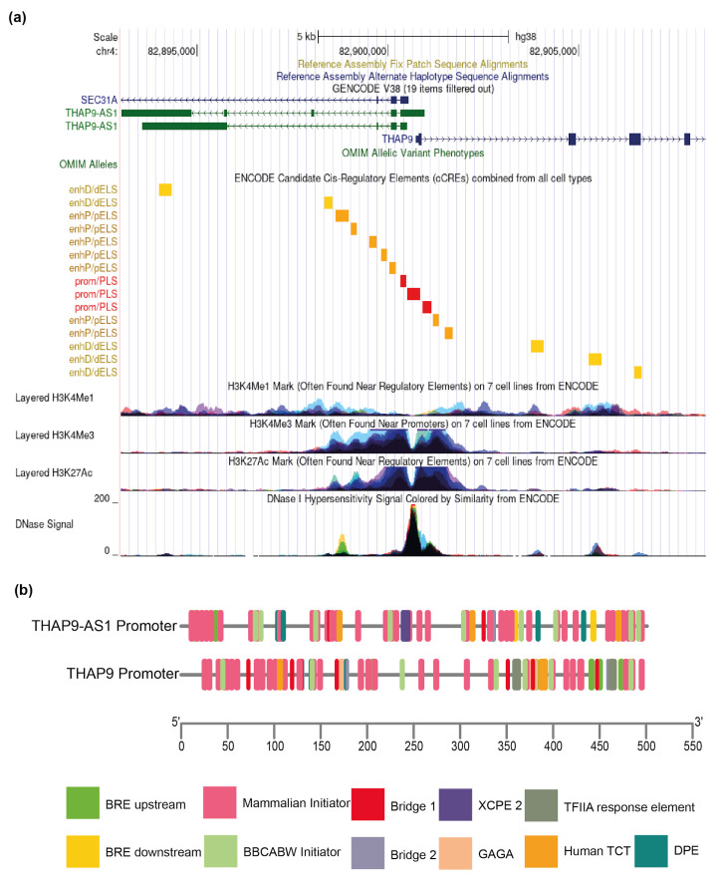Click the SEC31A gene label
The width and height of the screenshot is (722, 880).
point(100,100)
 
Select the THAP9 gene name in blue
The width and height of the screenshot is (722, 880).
point(397,140)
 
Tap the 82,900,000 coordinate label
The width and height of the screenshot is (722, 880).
point(362,51)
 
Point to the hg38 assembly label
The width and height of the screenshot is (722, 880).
point(526,37)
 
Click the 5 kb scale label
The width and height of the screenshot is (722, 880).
point(307,37)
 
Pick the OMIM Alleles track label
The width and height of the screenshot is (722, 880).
point(88,164)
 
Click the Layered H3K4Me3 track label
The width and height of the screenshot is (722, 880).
point(55,435)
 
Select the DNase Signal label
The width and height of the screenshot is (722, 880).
point(45,524)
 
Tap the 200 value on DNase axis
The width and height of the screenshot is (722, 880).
point(103,498)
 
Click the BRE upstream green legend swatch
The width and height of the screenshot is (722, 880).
point(83,803)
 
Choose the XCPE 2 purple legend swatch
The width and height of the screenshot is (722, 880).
point(455,804)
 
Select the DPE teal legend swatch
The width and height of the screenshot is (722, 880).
point(651,851)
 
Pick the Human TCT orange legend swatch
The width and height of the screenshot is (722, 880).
point(542,851)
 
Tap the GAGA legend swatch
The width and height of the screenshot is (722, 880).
point(455,853)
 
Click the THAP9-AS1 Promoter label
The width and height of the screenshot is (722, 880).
point(105,626)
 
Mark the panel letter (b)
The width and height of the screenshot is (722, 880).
point(24,590)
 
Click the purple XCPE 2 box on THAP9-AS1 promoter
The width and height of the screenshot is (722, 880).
point(405,626)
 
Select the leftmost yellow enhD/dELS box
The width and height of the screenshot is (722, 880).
point(165,189)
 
